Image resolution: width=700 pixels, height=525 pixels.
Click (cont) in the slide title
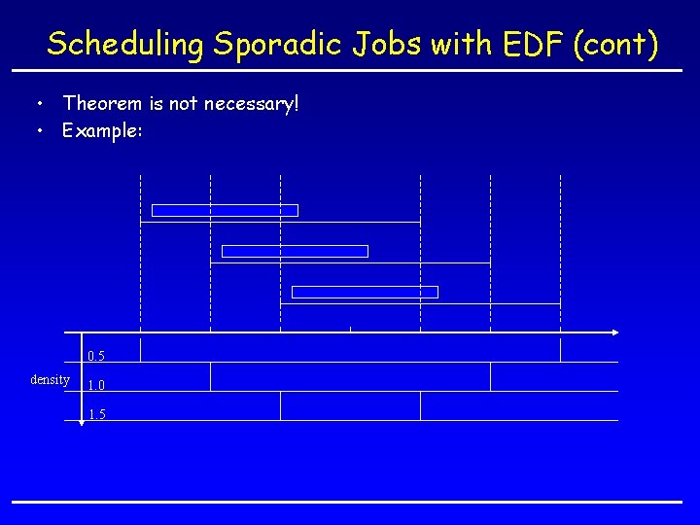pyautogui.click(x=615, y=44)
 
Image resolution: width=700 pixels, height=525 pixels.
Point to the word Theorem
pyautogui.click(x=102, y=102)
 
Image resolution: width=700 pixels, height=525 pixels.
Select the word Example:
pyautogui.click(x=103, y=129)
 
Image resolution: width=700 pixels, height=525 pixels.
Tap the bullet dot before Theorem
pyautogui.click(x=40, y=102)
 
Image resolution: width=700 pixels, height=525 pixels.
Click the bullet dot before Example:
pyautogui.click(x=40, y=129)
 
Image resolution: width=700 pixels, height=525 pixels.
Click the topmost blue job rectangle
pyautogui.click(x=225, y=210)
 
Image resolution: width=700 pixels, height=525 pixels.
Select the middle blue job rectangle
pyautogui.click(x=295, y=251)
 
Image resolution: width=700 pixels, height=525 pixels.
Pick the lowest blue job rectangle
pyautogui.click(x=365, y=292)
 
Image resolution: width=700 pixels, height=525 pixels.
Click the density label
pyautogui.click(x=50, y=379)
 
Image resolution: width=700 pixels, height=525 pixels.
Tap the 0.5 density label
pyautogui.click(x=95, y=356)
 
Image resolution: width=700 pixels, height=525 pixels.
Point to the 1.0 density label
pyautogui.click(x=95, y=385)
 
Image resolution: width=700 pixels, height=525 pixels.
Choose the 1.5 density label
pyautogui.click(x=95, y=414)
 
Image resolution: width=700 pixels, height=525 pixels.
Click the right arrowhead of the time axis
pyautogui.click(x=613, y=332)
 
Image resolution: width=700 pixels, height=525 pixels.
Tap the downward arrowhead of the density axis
pyautogui.click(x=81, y=423)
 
